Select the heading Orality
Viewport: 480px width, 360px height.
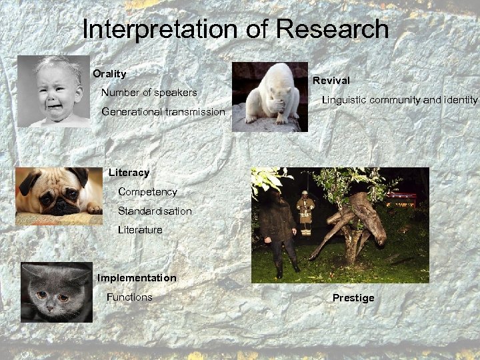pyautogui.click(x=109, y=73)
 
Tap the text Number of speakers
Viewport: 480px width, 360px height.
pyautogui.click(x=149, y=92)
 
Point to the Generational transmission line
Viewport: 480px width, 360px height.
pyautogui.click(x=163, y=112)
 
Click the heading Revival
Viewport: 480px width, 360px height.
pyautogui.click(x=331, y=80)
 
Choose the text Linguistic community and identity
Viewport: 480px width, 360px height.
pyautogui.click(x=399, y=100)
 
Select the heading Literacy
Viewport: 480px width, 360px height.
pyautogui.click(x=129, y=173)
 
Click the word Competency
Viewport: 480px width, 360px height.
pyautogui.click(x=147, y=192)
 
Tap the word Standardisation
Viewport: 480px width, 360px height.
pyautogui.click(x=155, y=211)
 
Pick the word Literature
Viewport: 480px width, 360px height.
pyautogui.click(x=140, y=230)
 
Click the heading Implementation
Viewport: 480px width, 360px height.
pyautogui.click(x=137, y=277)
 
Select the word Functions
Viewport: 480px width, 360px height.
pyautogui.click(x=129, y=297)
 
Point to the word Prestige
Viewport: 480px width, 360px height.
pyautogui.click(x=353, y=298)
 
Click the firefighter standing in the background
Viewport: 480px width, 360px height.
pyautogui.click(x=305, y=212)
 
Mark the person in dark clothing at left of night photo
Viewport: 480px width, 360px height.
pyautogui.click(x=277, y=227)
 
